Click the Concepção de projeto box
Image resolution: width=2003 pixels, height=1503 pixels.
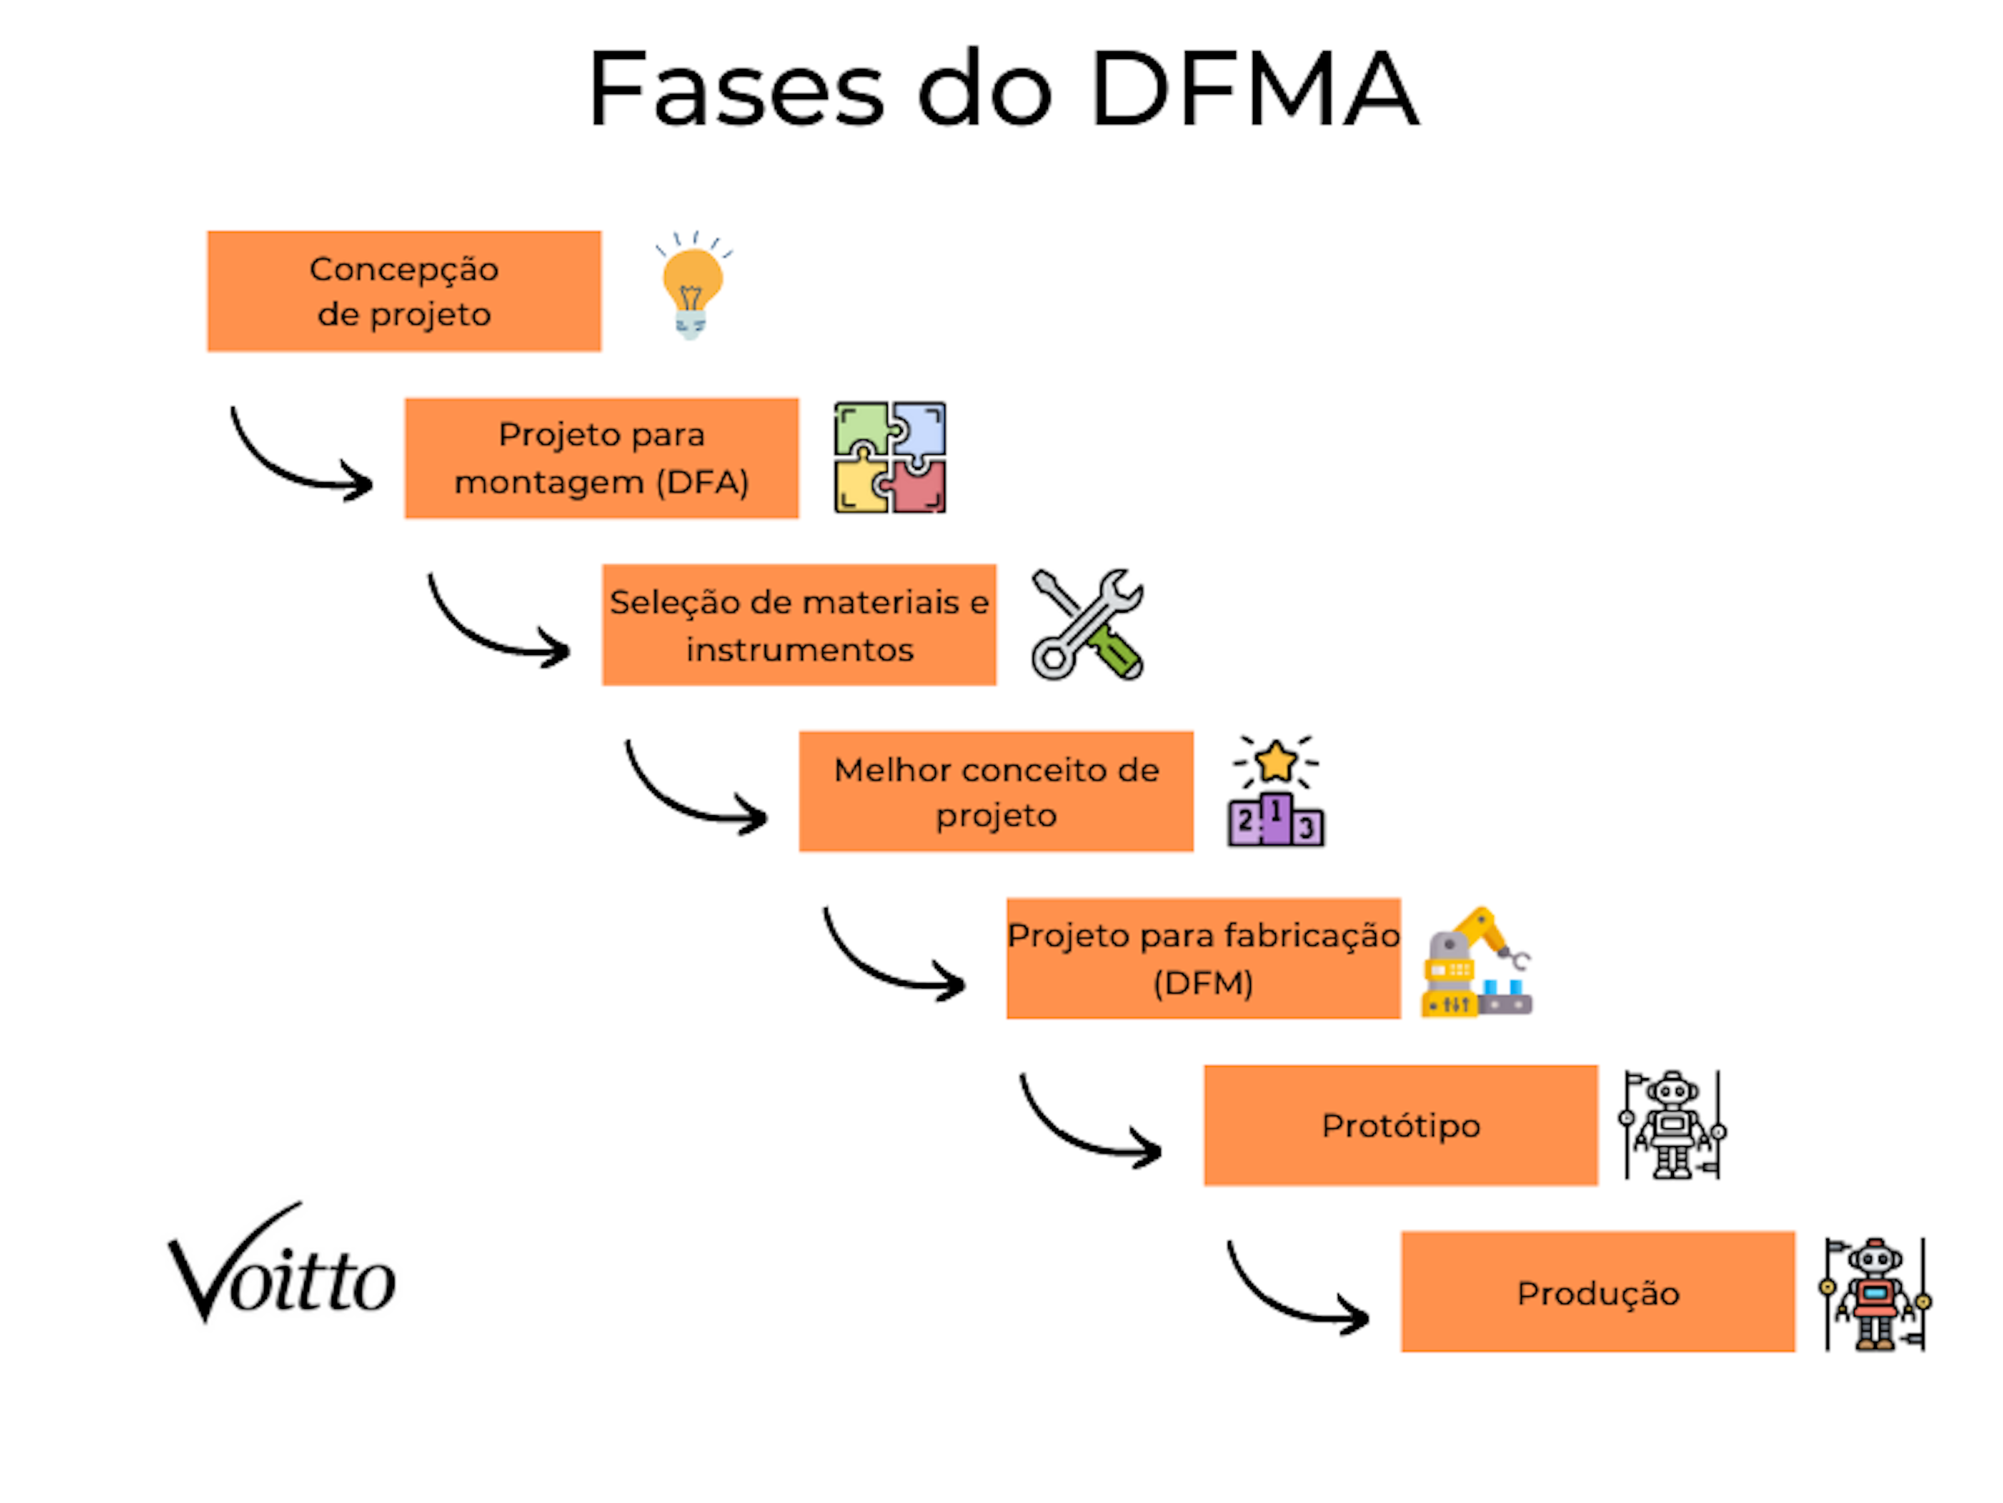(x=404, y=291)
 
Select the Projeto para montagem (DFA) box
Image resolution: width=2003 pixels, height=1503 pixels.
(x=601, y=458)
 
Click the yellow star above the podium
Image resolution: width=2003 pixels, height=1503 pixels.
(x=1276, y=761)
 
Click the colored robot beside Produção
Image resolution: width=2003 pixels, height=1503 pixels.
(x=1874, y=1294)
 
